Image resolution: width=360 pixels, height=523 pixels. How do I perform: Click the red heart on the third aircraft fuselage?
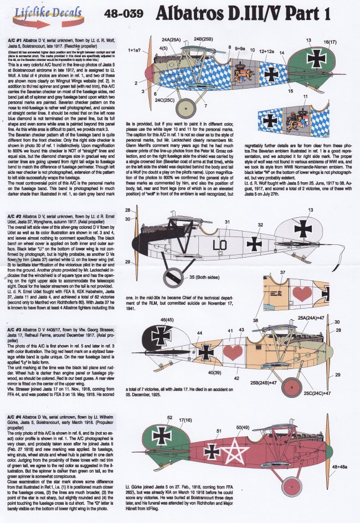[x=234, y=351]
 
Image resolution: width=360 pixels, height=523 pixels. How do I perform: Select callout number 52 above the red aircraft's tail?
[x=170, y=417]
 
